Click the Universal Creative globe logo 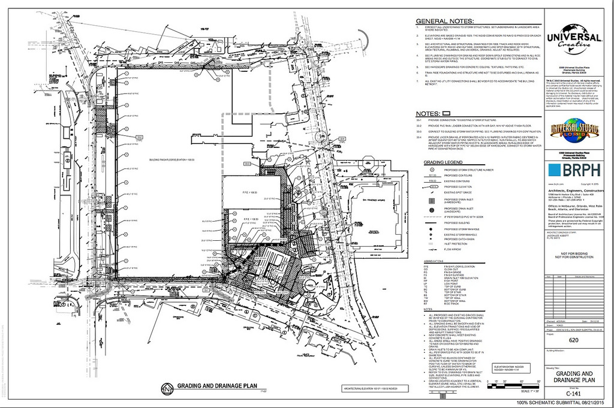coord(573,38)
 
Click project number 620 coord(574,340)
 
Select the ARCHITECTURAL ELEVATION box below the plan coord(370,388)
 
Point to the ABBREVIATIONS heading coord(434,261)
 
